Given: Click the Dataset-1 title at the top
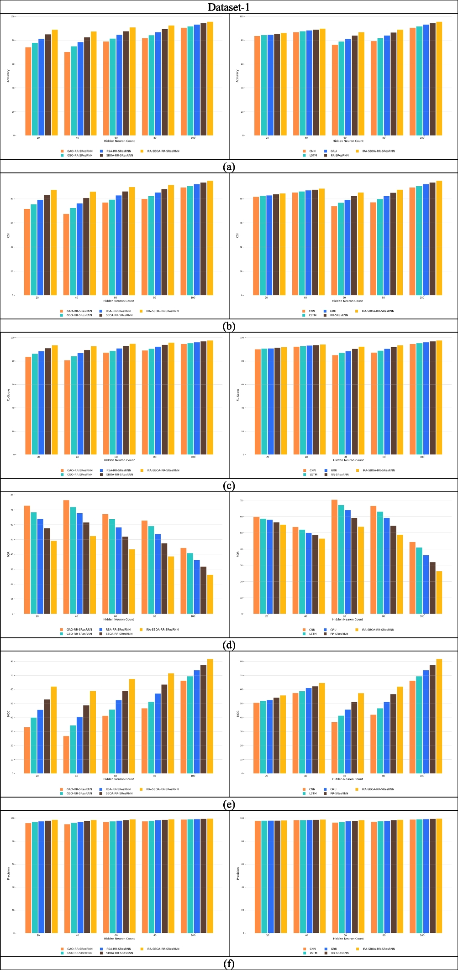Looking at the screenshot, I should click(x=229, y=7).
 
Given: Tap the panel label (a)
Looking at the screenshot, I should click(x=229, y=167).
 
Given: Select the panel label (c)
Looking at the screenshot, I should click(x=229, y=485).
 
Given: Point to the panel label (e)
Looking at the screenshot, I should click(x=229, y=804).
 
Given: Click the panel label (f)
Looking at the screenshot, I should click(x=229, y=964).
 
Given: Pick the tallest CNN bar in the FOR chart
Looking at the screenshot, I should click(x=334, y=557).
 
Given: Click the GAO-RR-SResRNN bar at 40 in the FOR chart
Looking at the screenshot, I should click(x=66, y=557).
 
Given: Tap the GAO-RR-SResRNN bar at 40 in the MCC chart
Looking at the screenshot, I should click(x=66, y=755).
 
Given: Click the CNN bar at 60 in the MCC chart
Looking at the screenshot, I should click(x=334, y=748).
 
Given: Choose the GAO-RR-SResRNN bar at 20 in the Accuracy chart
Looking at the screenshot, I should click(x=28, y=91).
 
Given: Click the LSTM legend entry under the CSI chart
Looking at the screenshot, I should click(x=312, y=315).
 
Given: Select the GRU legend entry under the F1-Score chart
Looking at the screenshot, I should click(x=333, y=470).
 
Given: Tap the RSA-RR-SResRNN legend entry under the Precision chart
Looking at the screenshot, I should click(x=118, y=949).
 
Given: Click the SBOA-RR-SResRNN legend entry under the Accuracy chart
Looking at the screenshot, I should click(x=119, y=155).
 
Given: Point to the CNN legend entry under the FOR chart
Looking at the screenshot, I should click(x=312, y=630).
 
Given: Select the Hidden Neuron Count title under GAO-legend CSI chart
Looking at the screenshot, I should click(x=119, y=301).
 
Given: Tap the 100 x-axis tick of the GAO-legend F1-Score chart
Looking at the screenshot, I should click(x=193, y=457).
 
